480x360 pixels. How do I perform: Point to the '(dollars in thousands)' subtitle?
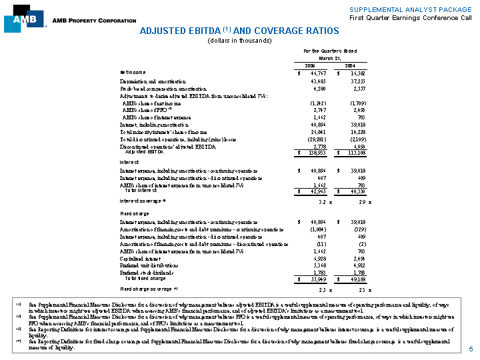tap(239, 41)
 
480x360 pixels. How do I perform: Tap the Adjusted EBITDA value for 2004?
tap(364, 153)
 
